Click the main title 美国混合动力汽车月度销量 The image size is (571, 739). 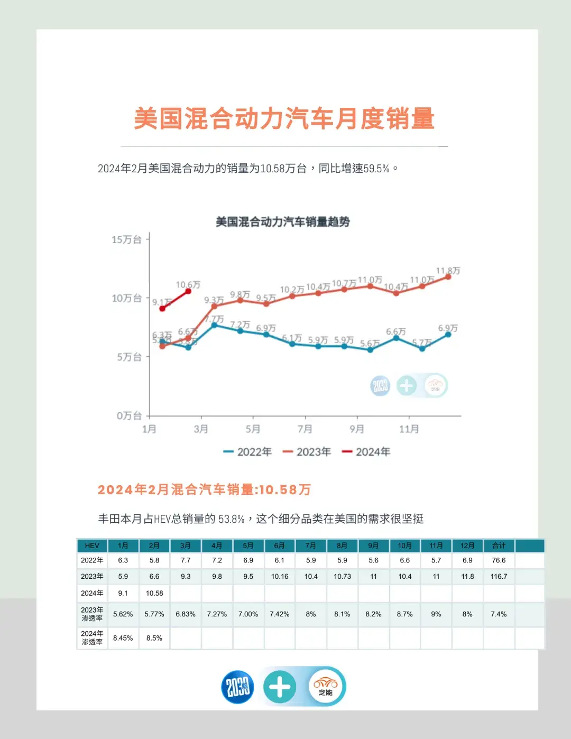(284, 118)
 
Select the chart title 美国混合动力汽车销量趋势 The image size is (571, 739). (283, 222)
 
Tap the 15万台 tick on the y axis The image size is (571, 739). (127, 239)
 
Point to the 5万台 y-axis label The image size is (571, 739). (130, 357)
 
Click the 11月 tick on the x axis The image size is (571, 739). (409, 429)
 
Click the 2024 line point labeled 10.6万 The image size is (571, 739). (188, 291)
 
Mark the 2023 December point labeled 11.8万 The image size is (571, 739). (448, 276)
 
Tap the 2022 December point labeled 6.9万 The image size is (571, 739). (448, 334)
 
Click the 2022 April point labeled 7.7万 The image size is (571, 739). (214, 325)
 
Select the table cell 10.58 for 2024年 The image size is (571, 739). (154, 593)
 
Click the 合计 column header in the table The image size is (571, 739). (499, 546)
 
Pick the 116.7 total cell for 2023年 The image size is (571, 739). (499, 576)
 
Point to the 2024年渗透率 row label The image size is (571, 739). (92, 638)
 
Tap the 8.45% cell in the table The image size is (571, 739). (123, 638)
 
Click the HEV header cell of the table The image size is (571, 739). (92, 546)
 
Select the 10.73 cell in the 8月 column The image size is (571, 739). (342, 576)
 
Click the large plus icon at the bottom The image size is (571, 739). (280, 687)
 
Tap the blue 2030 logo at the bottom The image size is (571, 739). (237, 687)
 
